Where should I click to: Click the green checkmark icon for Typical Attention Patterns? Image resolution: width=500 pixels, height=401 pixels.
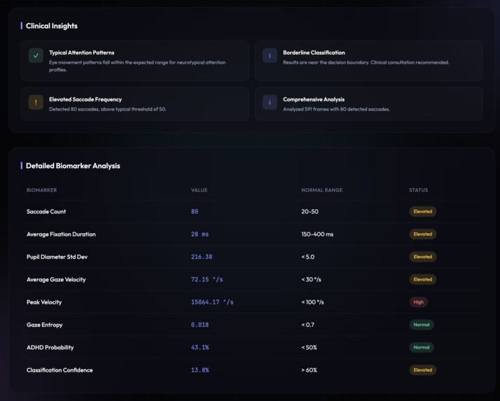[36, 55]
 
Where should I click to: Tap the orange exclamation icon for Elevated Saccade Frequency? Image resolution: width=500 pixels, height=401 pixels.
[36, 102]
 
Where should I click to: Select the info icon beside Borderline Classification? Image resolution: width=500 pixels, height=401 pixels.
[270, 55]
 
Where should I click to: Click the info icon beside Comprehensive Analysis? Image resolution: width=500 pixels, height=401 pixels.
[270, 102]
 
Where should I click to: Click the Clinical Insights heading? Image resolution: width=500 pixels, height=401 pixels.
[51, 26]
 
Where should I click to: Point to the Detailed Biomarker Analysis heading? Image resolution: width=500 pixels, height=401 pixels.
[73, 166]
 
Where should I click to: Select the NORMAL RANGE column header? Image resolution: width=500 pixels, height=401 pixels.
[321, 190]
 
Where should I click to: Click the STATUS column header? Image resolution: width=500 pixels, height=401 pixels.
[418, 190]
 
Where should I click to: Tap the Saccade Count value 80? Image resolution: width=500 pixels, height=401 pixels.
[195, 211]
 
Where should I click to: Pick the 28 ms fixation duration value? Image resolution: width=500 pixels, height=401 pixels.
[200, 234]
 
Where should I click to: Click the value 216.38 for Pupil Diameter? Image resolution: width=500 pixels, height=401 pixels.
[202, 257]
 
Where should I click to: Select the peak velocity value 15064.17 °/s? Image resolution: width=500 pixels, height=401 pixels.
[212, 302]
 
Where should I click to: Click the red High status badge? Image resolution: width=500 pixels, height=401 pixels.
[419, 302]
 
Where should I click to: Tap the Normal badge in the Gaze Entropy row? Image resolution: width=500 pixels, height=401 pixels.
[422, 325]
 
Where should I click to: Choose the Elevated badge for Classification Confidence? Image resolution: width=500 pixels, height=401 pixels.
[423, 370]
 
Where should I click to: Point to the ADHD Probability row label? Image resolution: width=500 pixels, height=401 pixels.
[50, 348]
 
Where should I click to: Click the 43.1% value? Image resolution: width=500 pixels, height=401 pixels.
[200, 348]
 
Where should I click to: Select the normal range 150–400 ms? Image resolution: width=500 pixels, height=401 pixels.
[317, 234]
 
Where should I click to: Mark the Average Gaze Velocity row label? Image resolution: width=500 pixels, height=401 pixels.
[56, 280]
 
